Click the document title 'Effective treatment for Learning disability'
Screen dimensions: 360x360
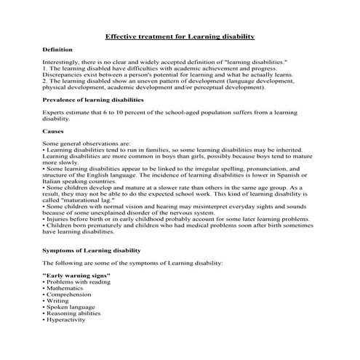tap(180, 36)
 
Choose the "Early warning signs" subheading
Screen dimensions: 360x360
tap(76, 276)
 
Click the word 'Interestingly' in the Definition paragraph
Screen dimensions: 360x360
tap(61, 63)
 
